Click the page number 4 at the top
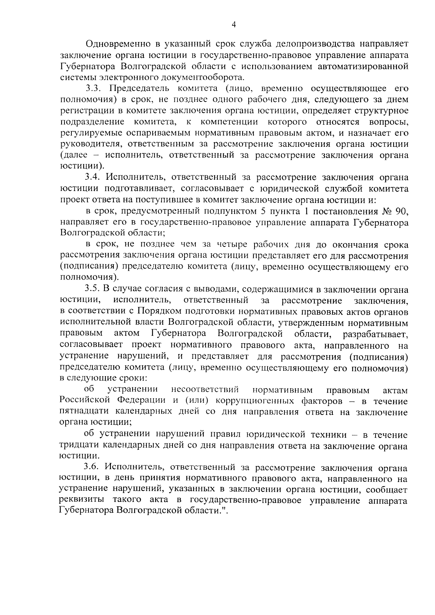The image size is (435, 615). coord(234,24)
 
